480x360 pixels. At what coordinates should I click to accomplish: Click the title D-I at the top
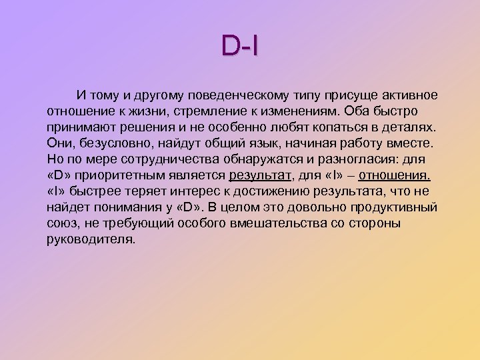coord(239,46)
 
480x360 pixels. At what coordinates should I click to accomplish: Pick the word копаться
coord(339,126)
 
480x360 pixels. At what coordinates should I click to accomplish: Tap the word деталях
coord(407,126)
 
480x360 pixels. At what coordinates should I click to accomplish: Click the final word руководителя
coord(91,239)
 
